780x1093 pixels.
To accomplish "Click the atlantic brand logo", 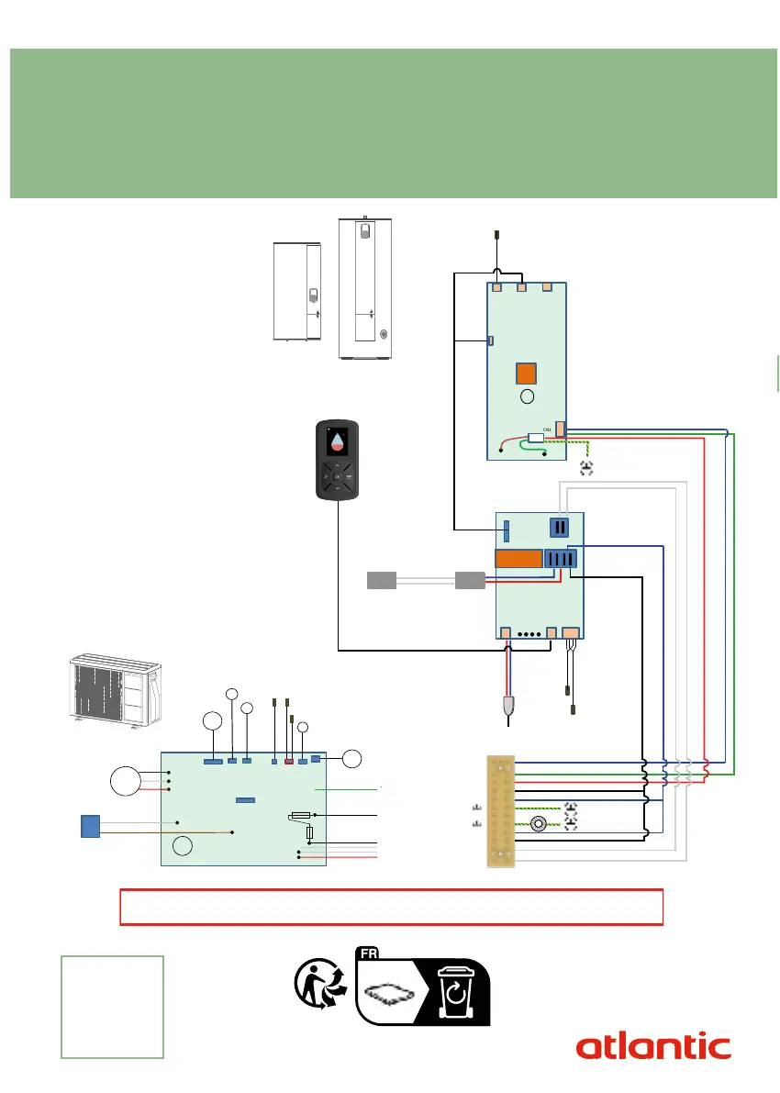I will (x=653, y=1046).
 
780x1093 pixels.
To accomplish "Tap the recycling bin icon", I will (x=454, y=992).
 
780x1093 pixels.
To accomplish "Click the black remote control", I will (x=339, y=461).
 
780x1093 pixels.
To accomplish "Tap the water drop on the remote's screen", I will (x=339, y=441).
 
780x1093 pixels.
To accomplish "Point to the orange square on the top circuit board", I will (x=525, y=374).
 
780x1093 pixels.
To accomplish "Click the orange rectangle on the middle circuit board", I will (x=517, y=559).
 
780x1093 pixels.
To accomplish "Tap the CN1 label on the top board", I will (x=547, y=429).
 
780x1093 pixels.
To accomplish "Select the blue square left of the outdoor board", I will (x=89, y=825).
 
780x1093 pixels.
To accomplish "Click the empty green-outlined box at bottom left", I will (x=112, y=1006).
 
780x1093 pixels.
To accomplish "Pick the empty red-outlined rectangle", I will (x=392, y=907).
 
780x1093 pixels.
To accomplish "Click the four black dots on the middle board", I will (x=529, y=633).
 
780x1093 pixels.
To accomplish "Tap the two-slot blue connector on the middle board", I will (x=560, y=527).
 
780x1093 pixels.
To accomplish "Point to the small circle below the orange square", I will (x=526, y=397).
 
